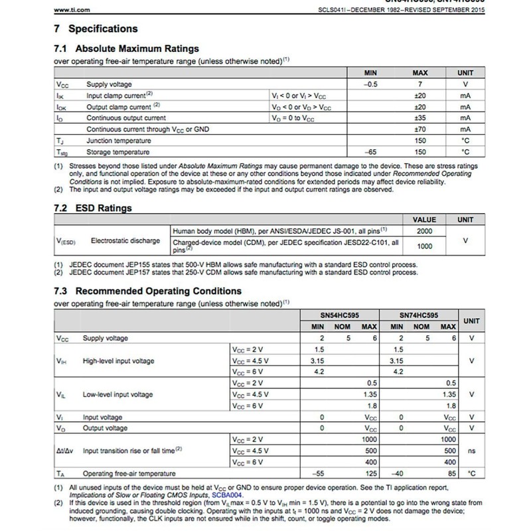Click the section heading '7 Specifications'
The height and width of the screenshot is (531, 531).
click(x=96, y=29)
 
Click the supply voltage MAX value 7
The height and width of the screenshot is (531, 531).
click(x=419, y=84)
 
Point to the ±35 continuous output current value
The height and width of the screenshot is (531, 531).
click(x=419, y=118)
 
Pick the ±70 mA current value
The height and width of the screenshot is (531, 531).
click(x=419, y=129)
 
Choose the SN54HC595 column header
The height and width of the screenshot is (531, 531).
click(x=345, y=315)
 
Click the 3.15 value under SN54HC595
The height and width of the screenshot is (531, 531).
click(x=319, y=360)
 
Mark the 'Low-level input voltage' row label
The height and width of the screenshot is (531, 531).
click(x=117, y=394)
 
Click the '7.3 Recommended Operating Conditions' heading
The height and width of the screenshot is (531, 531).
click(x=147, y=291)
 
